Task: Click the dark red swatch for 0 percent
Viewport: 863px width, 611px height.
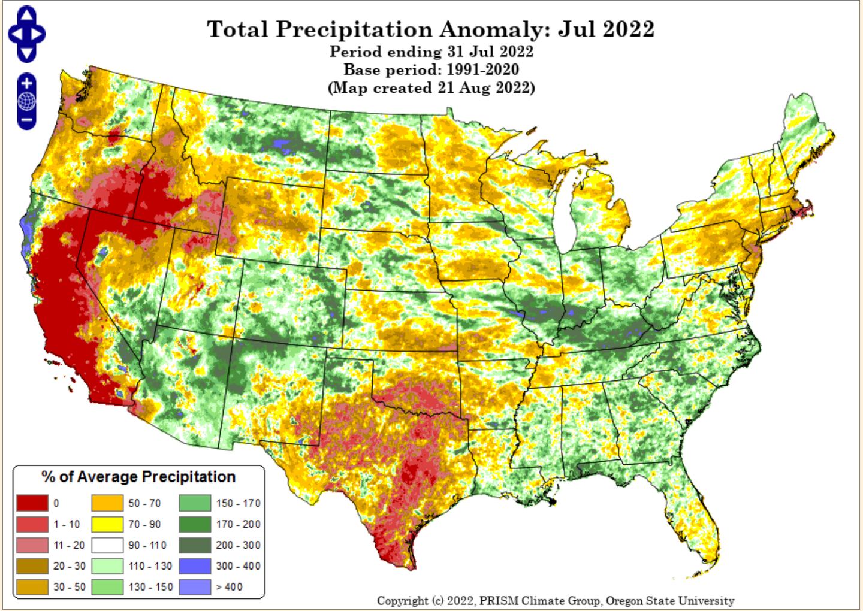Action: click(32, 503)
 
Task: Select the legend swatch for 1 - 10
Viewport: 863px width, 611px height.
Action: click(32, 524)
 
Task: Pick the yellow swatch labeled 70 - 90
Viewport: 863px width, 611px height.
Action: click(107, 524)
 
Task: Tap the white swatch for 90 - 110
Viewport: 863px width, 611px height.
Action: click(107, 545)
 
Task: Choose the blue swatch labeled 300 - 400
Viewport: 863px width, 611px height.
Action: click(195, 566)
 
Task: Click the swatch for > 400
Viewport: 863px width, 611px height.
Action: click(195, 587)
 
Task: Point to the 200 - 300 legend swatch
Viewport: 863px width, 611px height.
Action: click(195, 545)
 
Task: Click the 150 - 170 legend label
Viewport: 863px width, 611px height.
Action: click(238, 503)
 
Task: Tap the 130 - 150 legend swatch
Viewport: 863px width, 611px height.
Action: click(107, 587)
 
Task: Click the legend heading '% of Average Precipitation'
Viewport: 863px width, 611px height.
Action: click(138, 477)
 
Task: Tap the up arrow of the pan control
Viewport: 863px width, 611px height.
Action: click(27, 14)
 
